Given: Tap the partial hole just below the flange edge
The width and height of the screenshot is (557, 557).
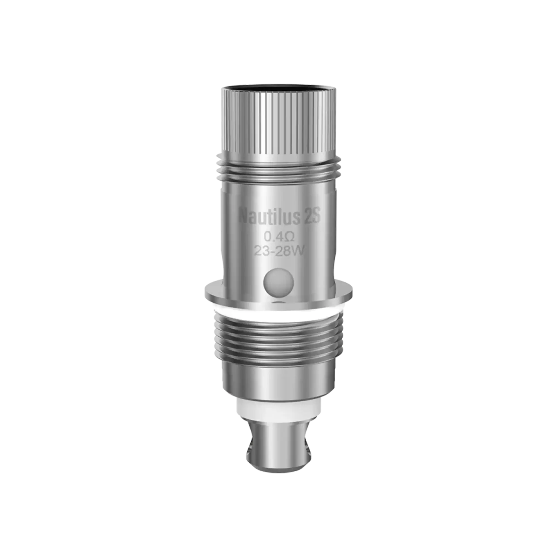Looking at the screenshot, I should point(278,303).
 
